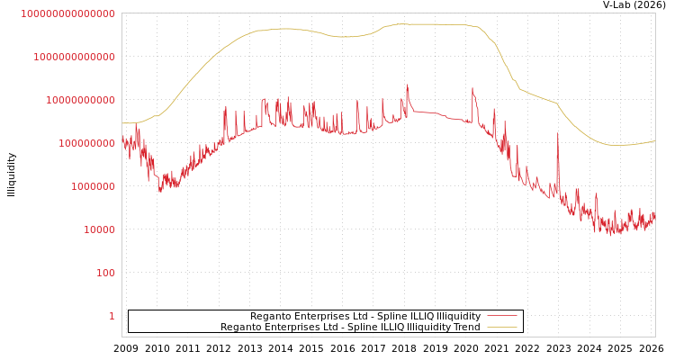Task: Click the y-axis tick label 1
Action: coord(112,316)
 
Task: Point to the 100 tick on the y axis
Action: coord(105,273)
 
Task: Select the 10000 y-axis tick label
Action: coord(99,229)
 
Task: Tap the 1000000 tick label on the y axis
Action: coord(93,186)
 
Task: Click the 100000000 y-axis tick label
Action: coord(86,143)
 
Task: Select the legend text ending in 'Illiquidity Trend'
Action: coord(350,328)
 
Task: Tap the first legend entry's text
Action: coord(364,317)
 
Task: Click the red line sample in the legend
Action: coord(501,317)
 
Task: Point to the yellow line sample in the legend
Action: coord(501,328)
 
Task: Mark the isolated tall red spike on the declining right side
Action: coord(557,134)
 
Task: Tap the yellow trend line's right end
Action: coord(654,140)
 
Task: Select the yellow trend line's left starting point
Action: coord(122,123)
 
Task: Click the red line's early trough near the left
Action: coord(160,190)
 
